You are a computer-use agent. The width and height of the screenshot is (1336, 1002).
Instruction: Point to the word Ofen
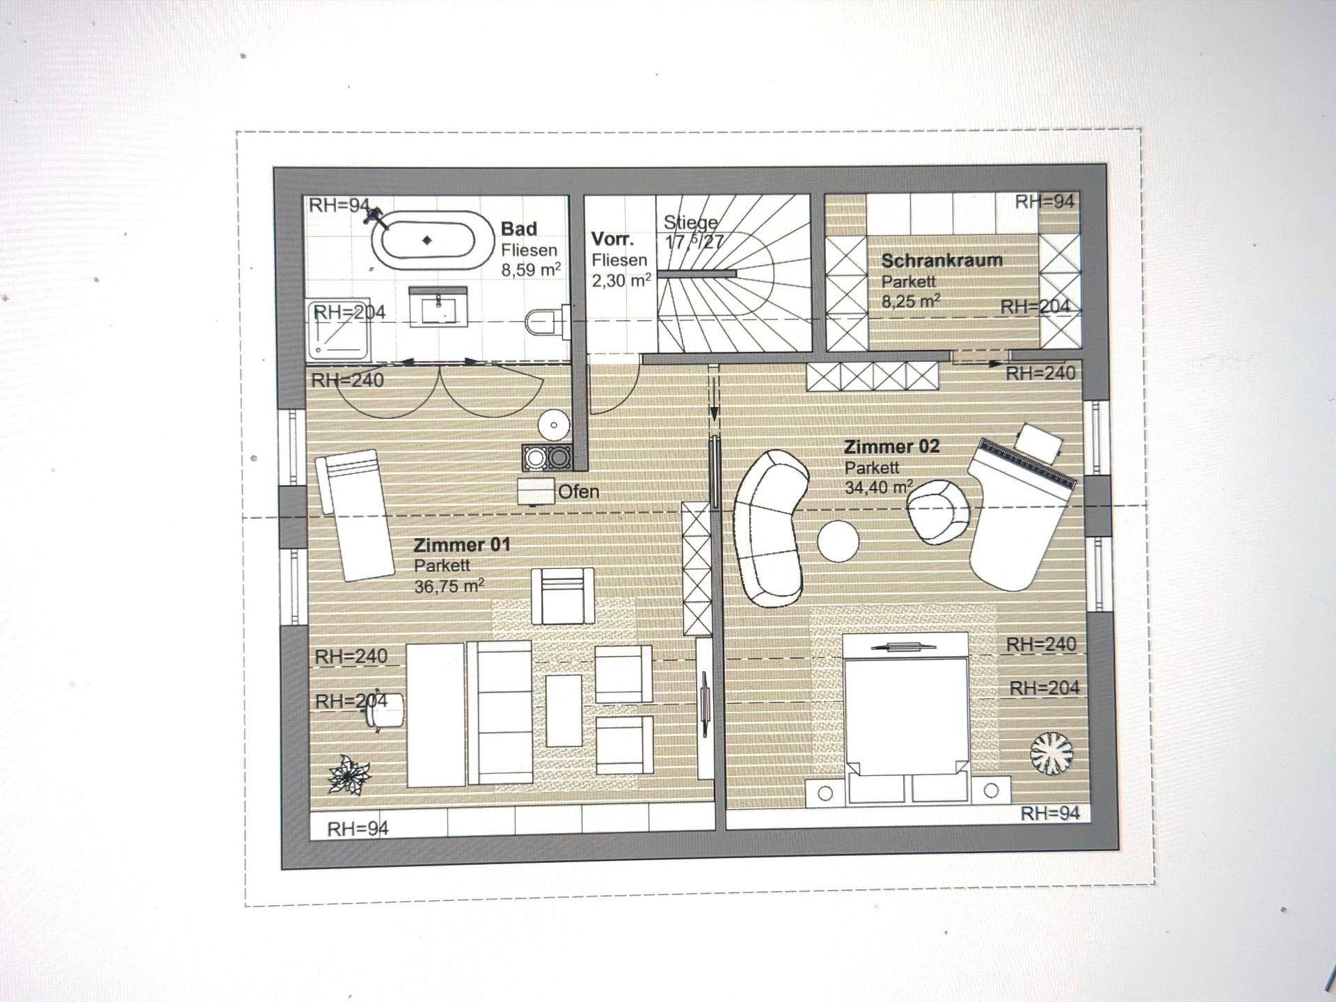point(578,492)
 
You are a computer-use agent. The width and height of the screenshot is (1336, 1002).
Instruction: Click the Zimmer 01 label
point(462,545)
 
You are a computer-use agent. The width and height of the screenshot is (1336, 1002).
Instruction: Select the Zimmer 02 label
point(892,447)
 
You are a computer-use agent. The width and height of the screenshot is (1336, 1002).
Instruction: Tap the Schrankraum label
point(942,261)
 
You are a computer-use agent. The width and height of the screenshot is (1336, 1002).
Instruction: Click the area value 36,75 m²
point(450,587)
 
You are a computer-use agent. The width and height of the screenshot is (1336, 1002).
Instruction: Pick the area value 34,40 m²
point(879,487)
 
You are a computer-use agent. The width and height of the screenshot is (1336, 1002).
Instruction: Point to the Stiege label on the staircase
point(690,223)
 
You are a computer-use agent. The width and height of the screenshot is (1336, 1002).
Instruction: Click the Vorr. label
point(612,239)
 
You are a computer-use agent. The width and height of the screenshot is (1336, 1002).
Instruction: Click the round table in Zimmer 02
point(838,541)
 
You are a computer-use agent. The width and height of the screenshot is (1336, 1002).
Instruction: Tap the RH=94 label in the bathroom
point(339,205)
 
